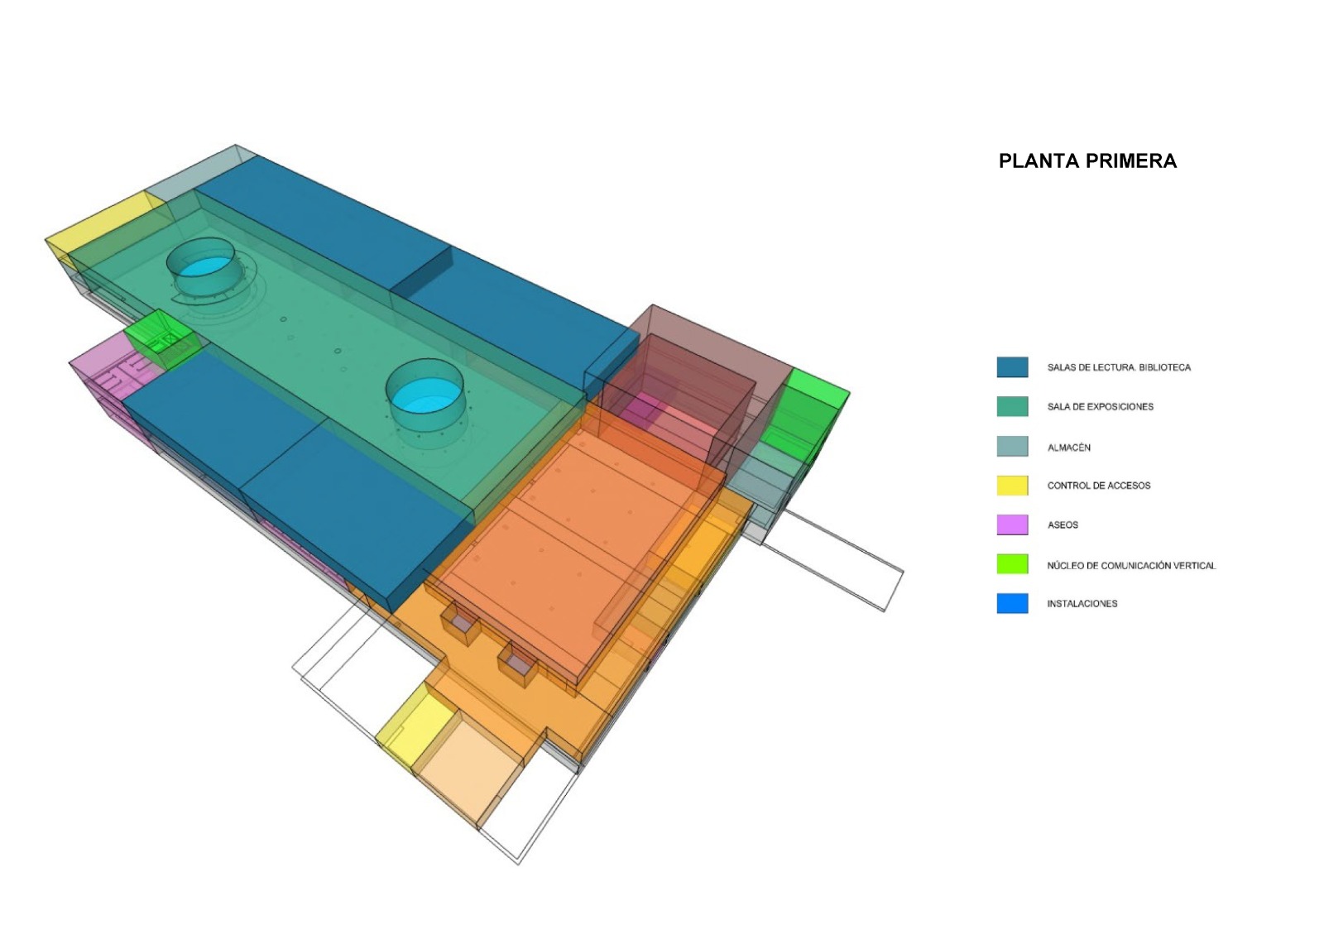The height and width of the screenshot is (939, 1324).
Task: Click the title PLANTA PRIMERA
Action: [x=1087, y=160]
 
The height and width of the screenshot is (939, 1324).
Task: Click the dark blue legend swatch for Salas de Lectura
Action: [x=1012, y=367]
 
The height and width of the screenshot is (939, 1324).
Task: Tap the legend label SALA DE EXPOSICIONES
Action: [x=1100, y=406]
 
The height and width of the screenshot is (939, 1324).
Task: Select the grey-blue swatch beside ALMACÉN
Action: [x=1012, y=446]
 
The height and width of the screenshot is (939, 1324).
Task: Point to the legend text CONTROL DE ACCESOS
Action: [x=1099, y=486]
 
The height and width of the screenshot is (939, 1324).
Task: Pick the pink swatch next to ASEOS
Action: [x=1012, y=525]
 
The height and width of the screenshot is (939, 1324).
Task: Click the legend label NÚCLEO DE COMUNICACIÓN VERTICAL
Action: [x=1131, y=566]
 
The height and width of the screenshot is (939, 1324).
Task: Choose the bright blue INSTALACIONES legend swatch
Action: [x=1012, y=603]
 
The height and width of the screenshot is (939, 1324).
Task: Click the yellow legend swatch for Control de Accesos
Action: [x=1012, y=485]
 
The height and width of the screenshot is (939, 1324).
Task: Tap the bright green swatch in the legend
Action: [x=1012, y=563]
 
